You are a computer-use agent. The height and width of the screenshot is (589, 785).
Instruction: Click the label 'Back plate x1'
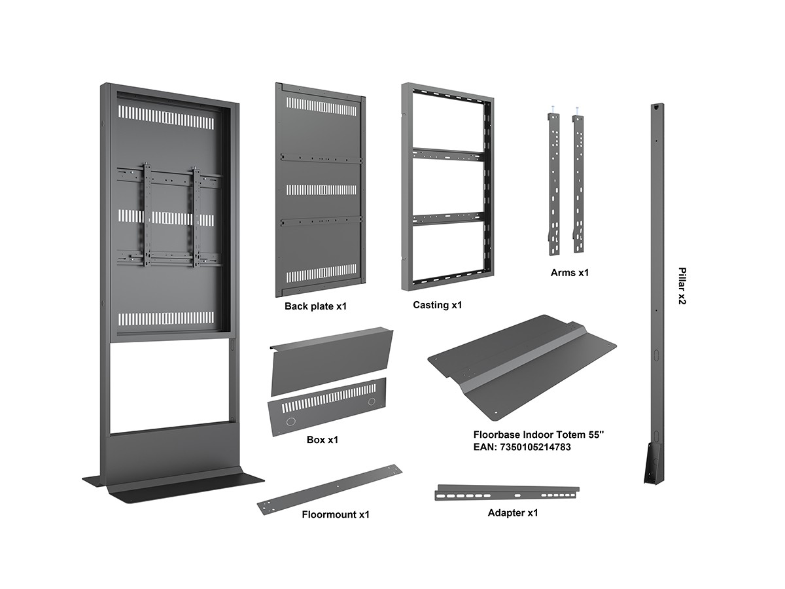(x=315, y=306)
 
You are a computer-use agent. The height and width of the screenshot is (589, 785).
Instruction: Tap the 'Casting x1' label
(x=438, y=305)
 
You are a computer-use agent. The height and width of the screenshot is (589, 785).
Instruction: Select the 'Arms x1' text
(x=569, y=273)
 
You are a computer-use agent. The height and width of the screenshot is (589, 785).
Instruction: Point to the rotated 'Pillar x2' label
(x=682, y=286)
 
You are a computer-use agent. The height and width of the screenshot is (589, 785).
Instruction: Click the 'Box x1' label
(x=323, y=440)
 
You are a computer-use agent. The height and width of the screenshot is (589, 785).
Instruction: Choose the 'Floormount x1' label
(x=336, y=514)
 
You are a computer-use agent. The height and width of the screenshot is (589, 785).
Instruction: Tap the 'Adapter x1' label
(x=512, y=513)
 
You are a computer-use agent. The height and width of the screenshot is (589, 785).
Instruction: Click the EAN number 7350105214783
(x=535, y=447)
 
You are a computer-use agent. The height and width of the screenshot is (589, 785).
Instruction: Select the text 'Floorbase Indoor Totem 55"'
(x=538, y=435)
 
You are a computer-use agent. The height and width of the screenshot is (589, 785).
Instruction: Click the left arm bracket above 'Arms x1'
(x=553, y=184)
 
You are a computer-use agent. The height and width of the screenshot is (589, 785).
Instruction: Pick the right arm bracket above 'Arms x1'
(x=578, y=183)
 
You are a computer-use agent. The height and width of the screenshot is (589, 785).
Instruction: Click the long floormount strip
(x=330, y=490)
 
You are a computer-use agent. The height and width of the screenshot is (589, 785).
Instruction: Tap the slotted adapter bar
(x=507, y=493)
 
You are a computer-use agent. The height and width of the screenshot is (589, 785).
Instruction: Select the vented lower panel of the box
(x=327, y=406)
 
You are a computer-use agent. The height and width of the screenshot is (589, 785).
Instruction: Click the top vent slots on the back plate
(x=321, y=107)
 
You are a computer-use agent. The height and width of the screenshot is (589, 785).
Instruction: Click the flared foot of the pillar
(x=654, y=463)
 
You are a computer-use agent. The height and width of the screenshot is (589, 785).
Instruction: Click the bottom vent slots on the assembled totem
(x=166, y=319)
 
